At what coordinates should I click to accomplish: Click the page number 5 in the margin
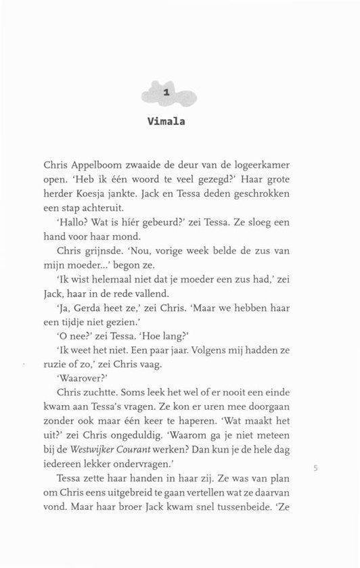click(x=316, y=467)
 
